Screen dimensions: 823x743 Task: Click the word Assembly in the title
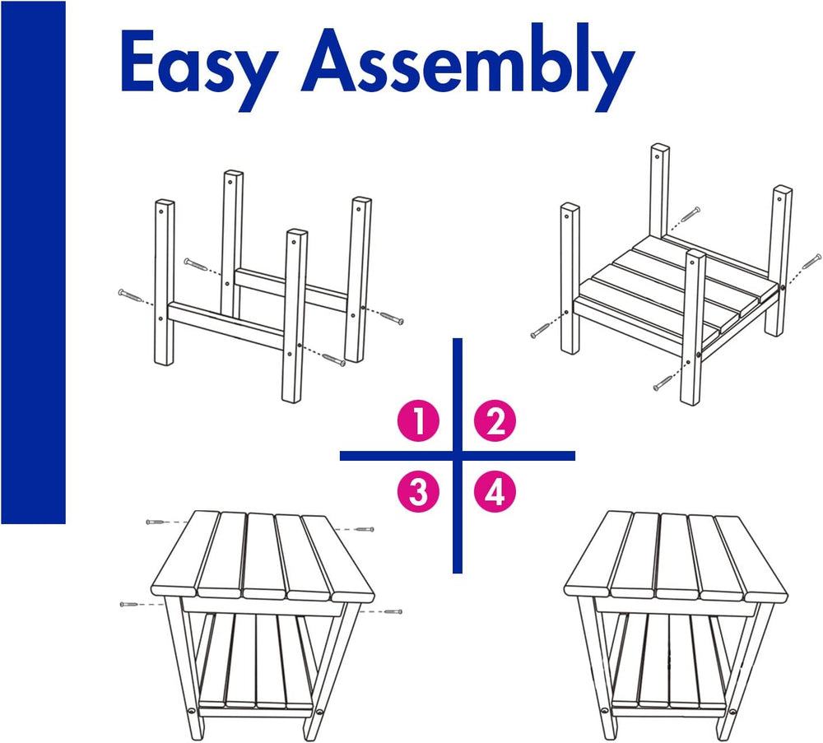(467, 66)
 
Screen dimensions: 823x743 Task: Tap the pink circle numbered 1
(418, 420)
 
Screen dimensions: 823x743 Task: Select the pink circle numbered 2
(495, 420)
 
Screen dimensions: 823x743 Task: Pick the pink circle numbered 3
(418, 492)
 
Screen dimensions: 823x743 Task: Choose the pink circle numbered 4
(495, 492)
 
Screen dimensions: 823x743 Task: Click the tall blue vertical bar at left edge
(33, 262)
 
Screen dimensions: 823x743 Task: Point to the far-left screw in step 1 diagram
(130, 296)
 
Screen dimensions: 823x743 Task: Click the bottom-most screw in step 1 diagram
(334, 360)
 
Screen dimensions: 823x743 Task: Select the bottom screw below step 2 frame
(663, 383)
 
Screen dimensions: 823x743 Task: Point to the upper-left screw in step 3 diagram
(156, 522)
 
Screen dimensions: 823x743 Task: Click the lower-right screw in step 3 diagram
(393, 612)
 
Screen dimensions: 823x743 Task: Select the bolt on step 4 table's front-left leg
(605, 712)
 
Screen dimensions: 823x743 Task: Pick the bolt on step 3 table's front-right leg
(319, 712)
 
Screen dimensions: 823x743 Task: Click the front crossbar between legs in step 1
(226, 325)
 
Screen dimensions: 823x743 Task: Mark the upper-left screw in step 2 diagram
(690, 214)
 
